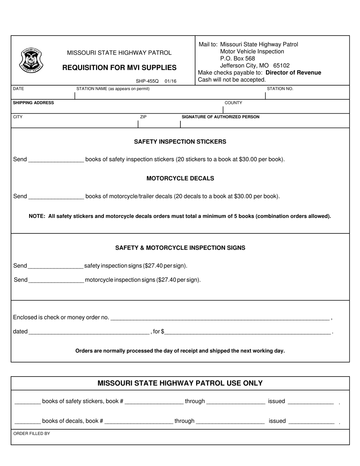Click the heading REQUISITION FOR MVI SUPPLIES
tap(119, 67)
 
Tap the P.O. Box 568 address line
tap(237, 58)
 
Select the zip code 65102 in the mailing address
tap(281, 66)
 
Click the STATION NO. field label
tap(280, 89)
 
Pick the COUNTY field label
tap(233, 103)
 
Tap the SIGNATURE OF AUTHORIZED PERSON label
tap(221, 117)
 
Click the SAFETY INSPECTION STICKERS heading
tap(180, 142)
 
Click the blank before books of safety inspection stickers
tap(56, 160)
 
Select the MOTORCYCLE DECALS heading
tap(180, 178)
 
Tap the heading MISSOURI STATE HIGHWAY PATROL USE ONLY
tap(180, 383)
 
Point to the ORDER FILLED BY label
tap(31, 433)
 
